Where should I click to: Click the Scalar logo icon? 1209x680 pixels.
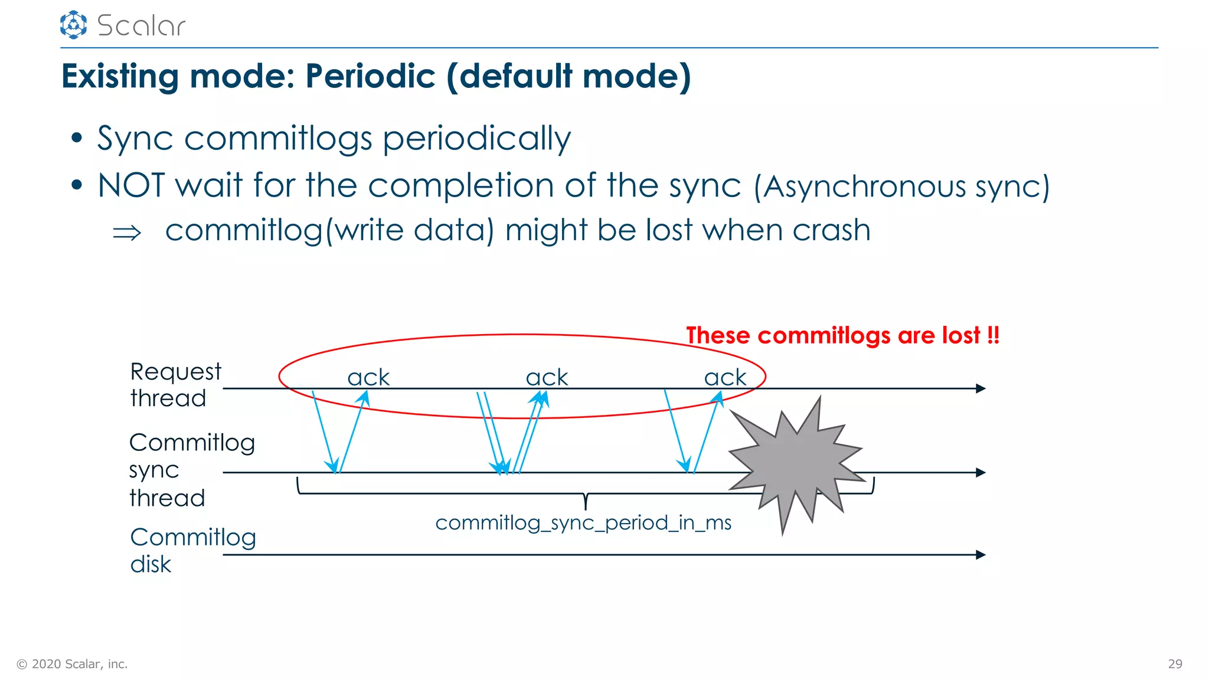(x=73, y=25)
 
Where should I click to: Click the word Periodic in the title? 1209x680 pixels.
(x=370, y=77)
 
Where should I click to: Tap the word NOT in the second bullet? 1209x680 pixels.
(x=131, y=185)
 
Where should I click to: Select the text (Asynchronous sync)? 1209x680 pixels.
(x=901, y=187)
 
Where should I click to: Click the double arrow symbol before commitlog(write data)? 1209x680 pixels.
(x=127, y=233)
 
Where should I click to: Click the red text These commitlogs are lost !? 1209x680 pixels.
(x=842, y=335)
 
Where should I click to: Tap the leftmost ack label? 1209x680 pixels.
(x=368, y=377)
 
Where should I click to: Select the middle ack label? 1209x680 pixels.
(x=547, y=377)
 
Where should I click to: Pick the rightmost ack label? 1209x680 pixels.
(x=725, y=377)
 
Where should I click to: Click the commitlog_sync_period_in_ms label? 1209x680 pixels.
(x=583, y=523)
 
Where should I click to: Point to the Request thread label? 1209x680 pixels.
(x=175, y=385)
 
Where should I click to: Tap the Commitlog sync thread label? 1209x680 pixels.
(x=191, y=470)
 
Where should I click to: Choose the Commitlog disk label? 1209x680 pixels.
(x=192, y=550)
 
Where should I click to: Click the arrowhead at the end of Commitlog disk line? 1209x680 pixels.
(x=981, y=555)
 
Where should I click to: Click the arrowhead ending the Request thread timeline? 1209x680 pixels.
(x=981, y=388)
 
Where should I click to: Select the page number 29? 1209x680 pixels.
(x=1175, y=664)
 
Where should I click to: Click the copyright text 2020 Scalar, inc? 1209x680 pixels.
(x=73, y=664)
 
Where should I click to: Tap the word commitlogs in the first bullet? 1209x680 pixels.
(x=278, y=139)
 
